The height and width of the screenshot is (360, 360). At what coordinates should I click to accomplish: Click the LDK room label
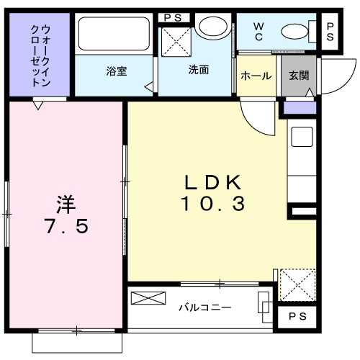212,181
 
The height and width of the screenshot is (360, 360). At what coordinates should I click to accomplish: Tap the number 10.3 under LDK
212,204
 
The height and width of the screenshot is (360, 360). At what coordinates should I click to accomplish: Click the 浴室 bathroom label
117,71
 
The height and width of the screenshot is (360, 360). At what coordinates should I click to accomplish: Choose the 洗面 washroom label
198,70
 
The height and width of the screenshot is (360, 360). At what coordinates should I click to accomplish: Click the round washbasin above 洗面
211,28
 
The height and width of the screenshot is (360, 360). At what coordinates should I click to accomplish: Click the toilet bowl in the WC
295,31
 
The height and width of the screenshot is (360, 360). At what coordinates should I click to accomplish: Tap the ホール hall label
256,76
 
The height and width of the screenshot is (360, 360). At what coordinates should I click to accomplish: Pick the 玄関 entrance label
298,75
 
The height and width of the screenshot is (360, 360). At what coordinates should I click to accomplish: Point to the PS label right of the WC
330,31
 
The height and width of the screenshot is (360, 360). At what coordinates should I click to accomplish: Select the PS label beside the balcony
296,317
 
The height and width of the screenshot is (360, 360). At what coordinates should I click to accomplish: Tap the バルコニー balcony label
205,307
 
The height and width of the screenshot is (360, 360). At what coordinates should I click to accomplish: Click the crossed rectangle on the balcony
143,298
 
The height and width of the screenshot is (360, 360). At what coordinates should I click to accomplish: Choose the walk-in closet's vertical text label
40,55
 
